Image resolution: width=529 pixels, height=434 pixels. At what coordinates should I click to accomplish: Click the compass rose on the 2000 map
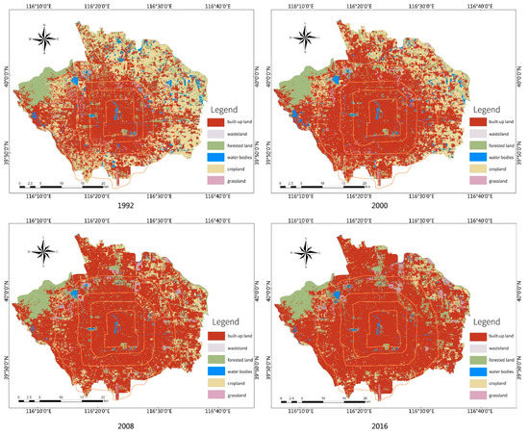[305, 39]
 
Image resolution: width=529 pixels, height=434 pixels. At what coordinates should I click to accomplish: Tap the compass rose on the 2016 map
[305, 254]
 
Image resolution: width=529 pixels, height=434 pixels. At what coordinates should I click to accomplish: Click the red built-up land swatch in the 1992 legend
[215, 122]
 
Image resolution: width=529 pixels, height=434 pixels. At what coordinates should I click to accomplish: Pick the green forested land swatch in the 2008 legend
[215, 361]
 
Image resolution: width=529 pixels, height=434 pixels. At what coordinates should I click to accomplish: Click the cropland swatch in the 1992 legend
[215, 168]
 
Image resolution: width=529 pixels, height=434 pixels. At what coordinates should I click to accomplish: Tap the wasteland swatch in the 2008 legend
[215, 349]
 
